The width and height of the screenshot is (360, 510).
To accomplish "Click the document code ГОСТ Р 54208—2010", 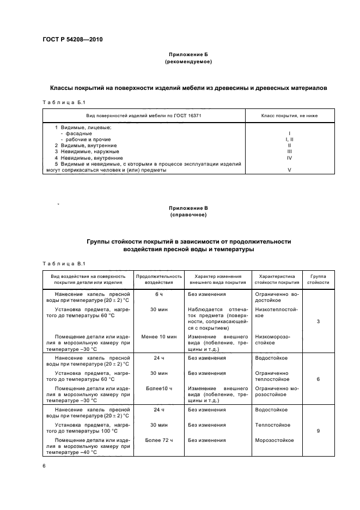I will click(72, 39).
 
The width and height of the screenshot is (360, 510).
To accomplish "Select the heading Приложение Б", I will click(188, 56).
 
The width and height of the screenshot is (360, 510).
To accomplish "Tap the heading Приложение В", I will click(188, 208).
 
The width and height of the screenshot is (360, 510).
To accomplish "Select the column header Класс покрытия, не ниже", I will click(290, 116).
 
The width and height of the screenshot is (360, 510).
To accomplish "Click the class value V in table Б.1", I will click(290, 170).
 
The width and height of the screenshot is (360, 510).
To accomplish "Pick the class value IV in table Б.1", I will click(290, 158).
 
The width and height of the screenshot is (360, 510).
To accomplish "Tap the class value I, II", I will click(290, 139).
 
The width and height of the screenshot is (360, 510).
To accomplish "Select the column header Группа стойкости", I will click(318, 280).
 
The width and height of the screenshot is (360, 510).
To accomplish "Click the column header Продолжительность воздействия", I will click(158, 280).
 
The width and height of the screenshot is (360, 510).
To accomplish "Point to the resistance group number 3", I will click(318, 321).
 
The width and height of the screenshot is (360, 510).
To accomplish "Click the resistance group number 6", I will click(318, 379).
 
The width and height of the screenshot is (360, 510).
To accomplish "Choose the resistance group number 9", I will click(318, 431).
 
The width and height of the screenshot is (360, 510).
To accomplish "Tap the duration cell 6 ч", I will click(159, 294).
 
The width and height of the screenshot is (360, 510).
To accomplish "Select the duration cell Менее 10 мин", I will click(159, 337).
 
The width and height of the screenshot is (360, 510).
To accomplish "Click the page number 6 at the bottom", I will click(44, 466).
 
